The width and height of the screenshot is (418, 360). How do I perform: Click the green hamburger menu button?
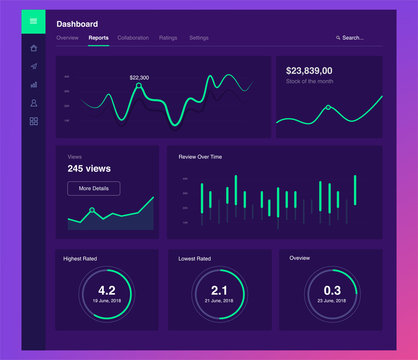click(x=33, y=20)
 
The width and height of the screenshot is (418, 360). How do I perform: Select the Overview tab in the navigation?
click(x=67, y=37)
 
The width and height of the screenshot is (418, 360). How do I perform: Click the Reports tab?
click(x=98, y=37)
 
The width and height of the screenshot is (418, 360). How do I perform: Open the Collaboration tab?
click(x=133, y=37)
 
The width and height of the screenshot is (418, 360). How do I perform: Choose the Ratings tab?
click(x=168, y=37)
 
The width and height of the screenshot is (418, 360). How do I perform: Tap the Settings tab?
click(x=199, y=37)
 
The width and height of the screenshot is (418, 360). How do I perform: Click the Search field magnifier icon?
click(x=337, y=38)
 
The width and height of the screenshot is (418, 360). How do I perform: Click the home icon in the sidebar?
click(x=33, y=47)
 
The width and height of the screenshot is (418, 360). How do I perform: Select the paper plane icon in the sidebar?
click(x=33, y=66)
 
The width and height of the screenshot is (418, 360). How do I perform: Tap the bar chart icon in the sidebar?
click(x=33, y=84)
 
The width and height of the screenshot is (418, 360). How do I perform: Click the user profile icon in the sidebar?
click(x=33, y=102)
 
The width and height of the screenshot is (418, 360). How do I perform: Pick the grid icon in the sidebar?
click(x=33, y=121)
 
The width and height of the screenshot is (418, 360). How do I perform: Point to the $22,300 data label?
click(x=139, y=77)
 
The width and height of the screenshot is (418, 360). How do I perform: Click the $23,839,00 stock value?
click(x=310, y=71)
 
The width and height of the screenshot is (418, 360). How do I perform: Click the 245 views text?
click(x=89, y=169)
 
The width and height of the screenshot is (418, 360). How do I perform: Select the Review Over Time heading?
click(x=201, y=157)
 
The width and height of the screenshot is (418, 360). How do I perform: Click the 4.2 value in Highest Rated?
click(x=106, y=290)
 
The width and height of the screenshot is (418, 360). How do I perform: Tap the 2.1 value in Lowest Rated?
click(x=219, y=290)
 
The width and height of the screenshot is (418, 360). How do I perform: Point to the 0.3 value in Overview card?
click(x=331, y=290)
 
